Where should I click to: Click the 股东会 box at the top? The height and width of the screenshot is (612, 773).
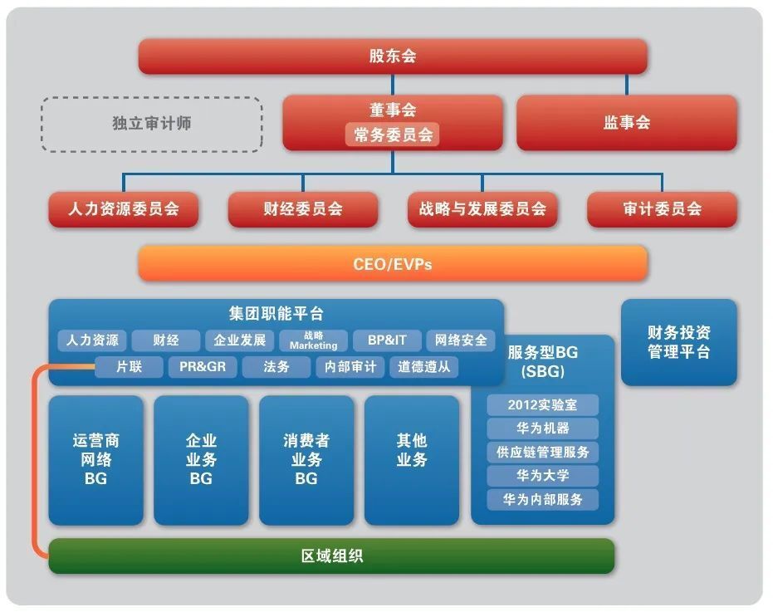(x=393, y=56)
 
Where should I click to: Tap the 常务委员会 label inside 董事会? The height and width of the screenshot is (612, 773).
(x=393, y=135)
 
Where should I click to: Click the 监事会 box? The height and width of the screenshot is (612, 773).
(x=627, y=122)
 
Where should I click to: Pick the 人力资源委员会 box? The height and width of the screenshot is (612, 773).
(x=123, y=209)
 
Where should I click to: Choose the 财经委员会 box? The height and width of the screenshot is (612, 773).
(x=303, y=209)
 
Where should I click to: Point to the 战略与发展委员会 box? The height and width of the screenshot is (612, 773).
(x=482, y=209)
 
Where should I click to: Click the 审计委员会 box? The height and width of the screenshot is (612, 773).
(x=662, y=209)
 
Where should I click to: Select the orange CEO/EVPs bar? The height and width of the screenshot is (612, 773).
(x=393, y=264)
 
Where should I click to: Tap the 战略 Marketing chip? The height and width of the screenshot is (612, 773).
(x=314, y=340)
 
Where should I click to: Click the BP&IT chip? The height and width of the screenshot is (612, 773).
(x=387, y=340)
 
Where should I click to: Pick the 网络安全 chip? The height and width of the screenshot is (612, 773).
(x=461, y=340)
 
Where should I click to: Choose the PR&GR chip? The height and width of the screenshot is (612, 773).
(x=203, y=367)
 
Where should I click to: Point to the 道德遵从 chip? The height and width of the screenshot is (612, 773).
(x=424, y=367)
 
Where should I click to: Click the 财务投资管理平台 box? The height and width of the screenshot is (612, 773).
(x=679, y=342)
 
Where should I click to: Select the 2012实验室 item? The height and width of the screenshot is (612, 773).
(x=542, y=405)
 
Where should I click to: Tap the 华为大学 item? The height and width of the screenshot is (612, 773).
(x=542, y=476)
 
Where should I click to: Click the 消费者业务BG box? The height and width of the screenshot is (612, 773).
(x=306, y=460)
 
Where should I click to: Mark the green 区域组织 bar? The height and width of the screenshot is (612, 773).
(x=331, y=556)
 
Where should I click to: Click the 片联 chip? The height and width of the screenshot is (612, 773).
(x=129, y=367)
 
